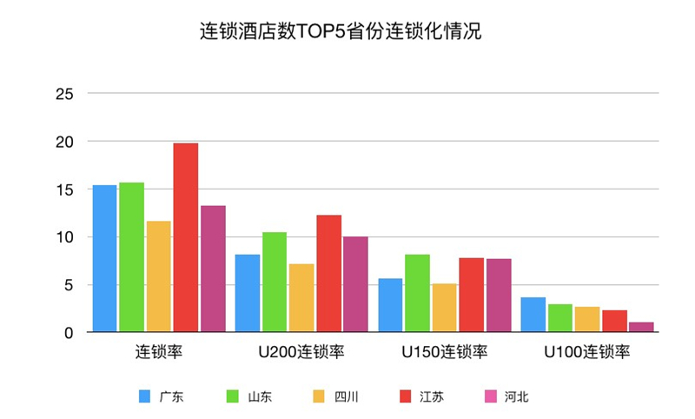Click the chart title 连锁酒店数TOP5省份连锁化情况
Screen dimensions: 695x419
point(341,31)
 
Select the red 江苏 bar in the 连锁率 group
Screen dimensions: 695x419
point(186,237)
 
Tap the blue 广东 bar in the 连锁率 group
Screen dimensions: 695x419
point(104,258)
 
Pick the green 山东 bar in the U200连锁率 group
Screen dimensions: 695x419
point(275,282)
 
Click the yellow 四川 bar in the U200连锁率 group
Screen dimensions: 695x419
point(301,298)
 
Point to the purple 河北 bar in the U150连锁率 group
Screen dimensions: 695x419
point(499,296)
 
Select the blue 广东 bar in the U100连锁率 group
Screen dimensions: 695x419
point(533,315)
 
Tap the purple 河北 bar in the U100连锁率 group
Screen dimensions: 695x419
point(641,327)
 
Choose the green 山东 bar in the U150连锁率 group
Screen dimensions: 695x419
point(417,293)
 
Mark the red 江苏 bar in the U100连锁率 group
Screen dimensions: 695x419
point(615,321)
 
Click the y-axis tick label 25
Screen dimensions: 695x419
point(64,94)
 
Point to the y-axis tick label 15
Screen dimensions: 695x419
point(64,190)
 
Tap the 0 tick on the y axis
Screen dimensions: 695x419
point(69,333)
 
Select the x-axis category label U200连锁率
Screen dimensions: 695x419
point(301,352)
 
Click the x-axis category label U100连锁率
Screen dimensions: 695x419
point(587,352)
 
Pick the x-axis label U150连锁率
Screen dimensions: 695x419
point(445,352)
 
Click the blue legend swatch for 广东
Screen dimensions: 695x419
point(144,396)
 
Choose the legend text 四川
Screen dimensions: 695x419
point(346,396)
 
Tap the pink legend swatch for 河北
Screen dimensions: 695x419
point(491,396)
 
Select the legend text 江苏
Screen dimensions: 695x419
point(432,396)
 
